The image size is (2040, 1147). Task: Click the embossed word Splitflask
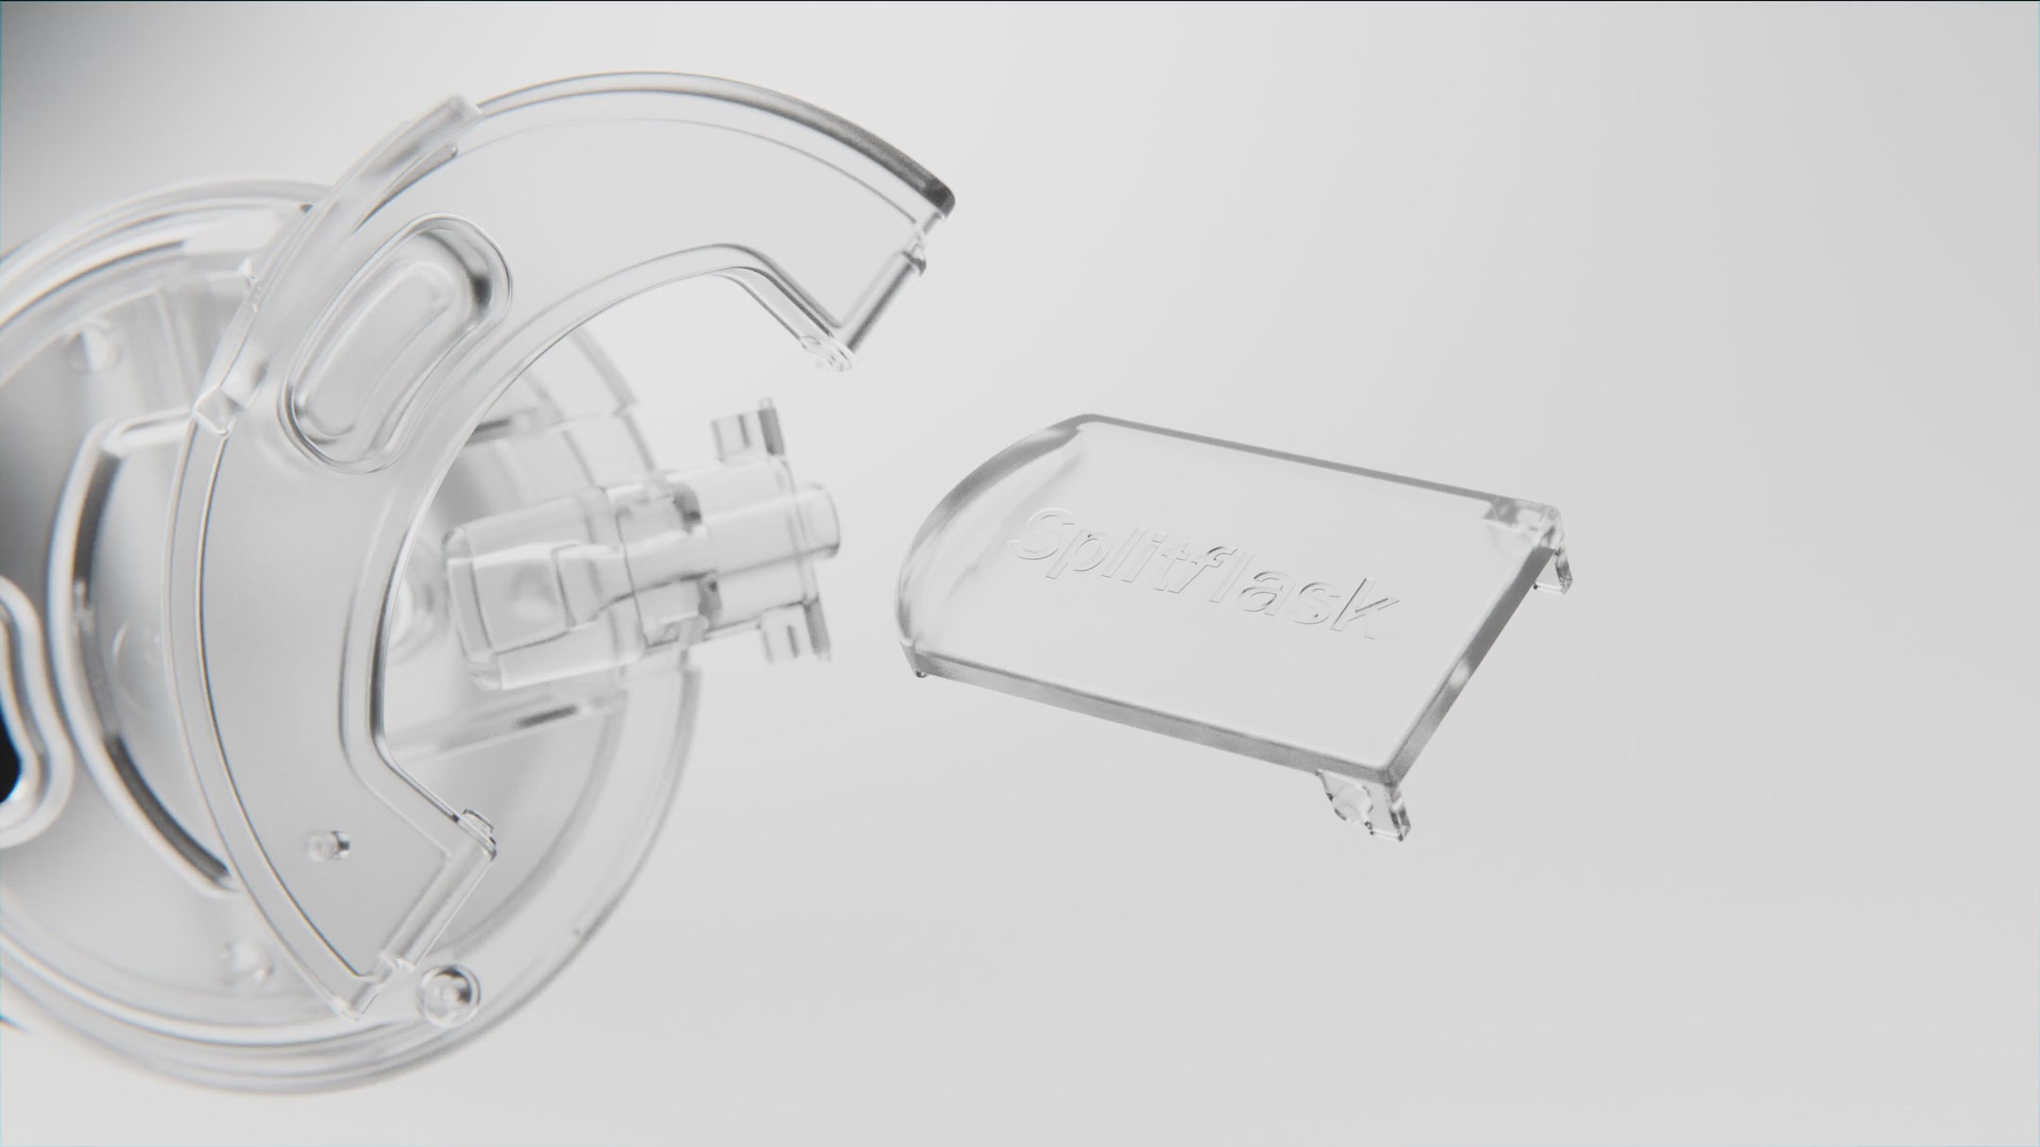(x=1199, y=570)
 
